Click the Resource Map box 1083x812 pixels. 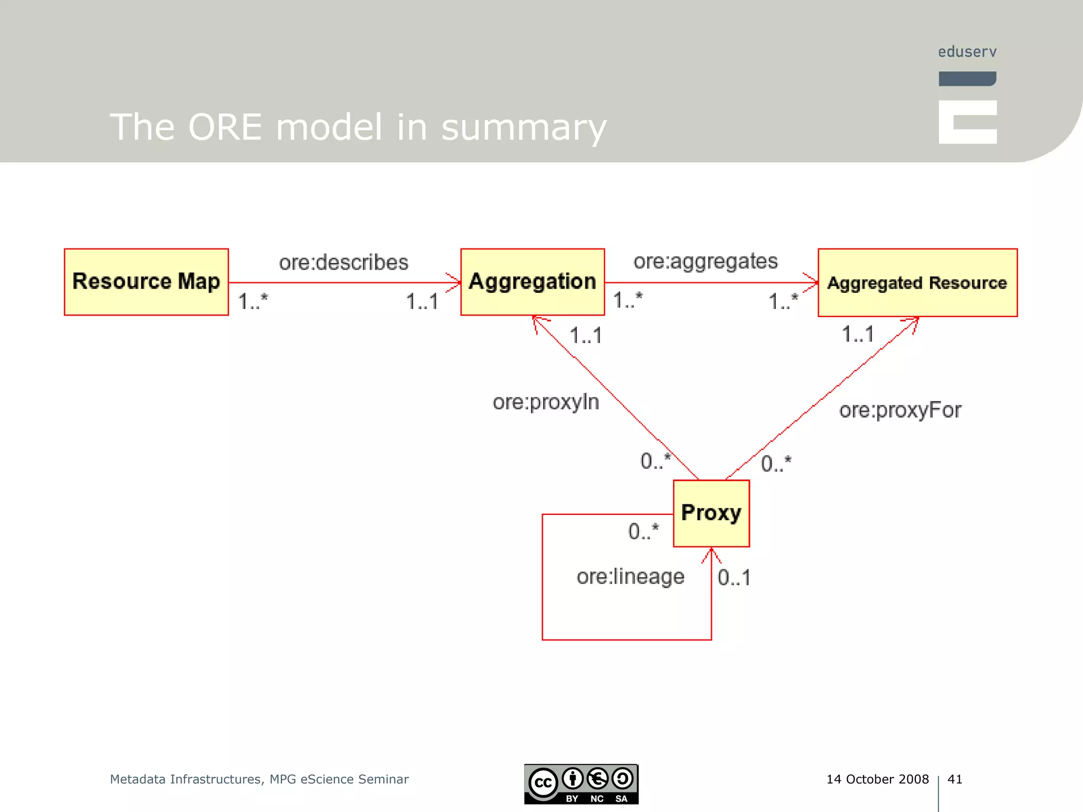coord(146,282)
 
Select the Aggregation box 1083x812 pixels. coord(532,282)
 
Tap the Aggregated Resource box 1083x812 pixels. coord(917,283)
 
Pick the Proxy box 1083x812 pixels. coord(711,513)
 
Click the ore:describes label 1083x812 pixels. coord(344,262)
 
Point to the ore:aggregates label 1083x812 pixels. coord(705,261)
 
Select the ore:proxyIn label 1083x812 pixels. coord(546,402)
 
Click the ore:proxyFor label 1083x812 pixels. coord(900,410)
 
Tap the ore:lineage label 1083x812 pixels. coord(630,576)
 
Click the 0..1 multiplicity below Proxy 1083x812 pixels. coord(734,577)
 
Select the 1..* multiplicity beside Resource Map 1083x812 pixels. coord(253,301)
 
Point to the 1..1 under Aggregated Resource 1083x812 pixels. coord(857,334)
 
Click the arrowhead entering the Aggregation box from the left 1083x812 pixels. coord(455,282)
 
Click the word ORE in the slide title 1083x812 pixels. coord(225,127)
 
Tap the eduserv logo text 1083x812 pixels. coord(967,52)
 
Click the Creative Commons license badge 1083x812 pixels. coord(581,784)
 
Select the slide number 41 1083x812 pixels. coord(954,779)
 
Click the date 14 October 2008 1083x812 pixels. coord(877,779)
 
